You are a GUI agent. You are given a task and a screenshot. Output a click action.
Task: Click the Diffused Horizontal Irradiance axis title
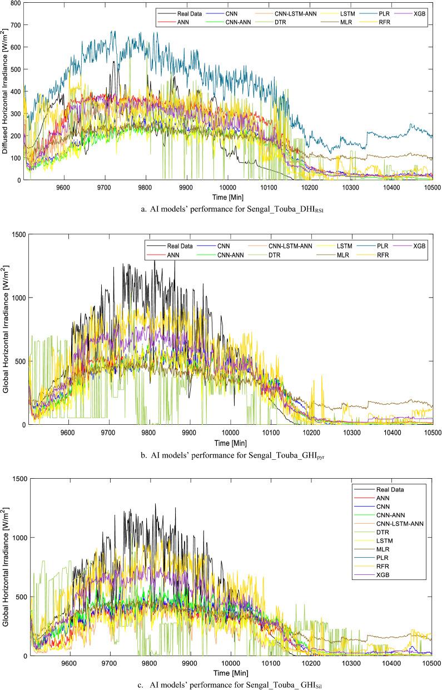point(4,92)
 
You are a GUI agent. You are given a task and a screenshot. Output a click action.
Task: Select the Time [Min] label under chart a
point(229,196)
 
